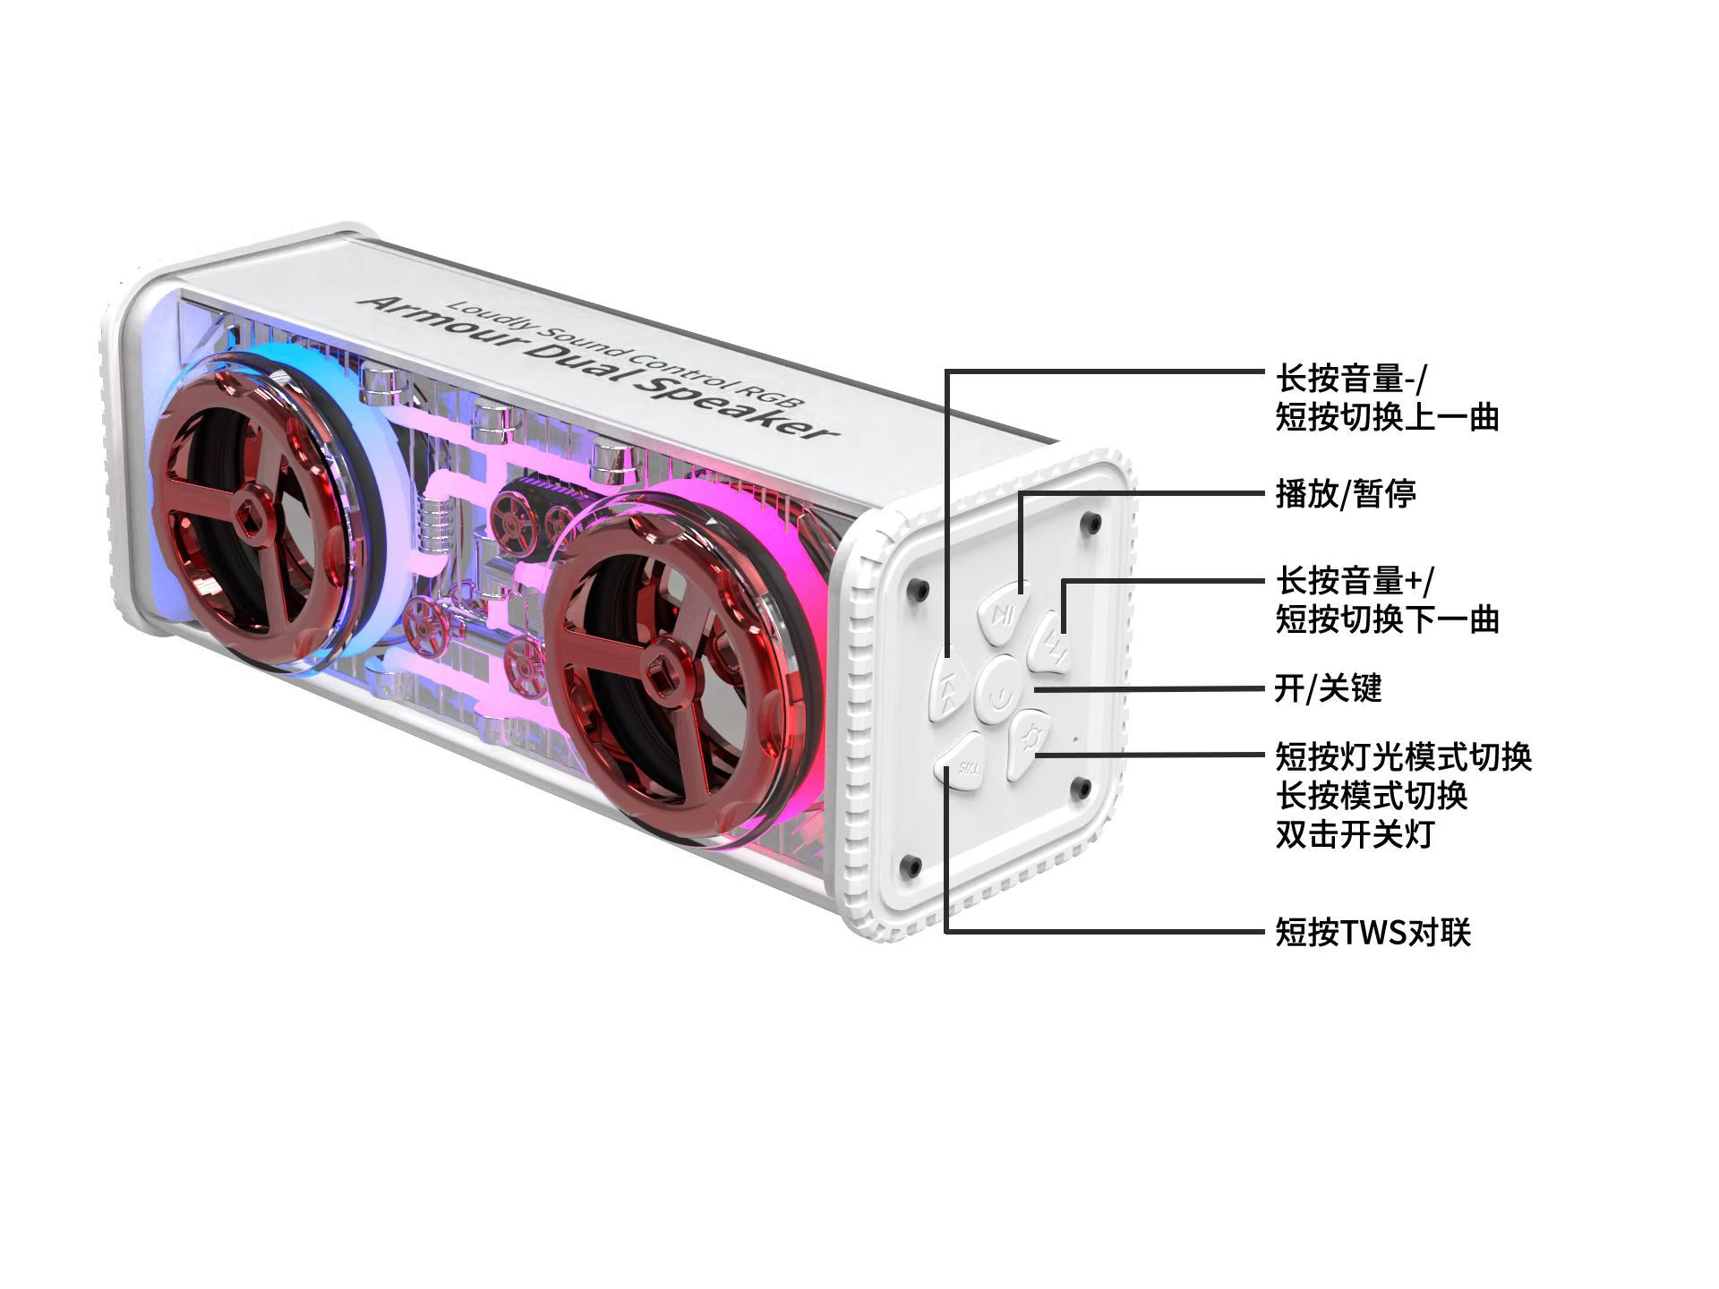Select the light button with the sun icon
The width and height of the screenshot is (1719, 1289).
[x=1030, y=742]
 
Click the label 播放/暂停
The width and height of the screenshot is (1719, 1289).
[x=1345, y=493]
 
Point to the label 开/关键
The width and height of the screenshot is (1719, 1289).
[x=1328, y=688]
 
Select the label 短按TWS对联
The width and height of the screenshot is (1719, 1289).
[x=1373, y=933]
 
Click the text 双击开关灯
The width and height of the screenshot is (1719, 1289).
[x=1354, y=834]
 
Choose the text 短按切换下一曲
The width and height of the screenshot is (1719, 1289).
[x=1387, y=619]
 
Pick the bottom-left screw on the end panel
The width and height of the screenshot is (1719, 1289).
[x=912, y=865]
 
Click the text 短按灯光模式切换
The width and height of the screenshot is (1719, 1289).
[x=1403, y=757]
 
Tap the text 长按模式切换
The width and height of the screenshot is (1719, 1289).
[x=1371, y=796]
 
